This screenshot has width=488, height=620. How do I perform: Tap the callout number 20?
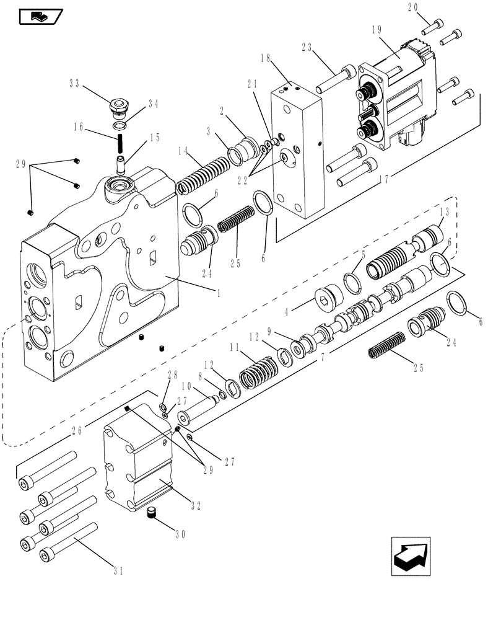431,8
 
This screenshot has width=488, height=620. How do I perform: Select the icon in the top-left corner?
38,15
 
